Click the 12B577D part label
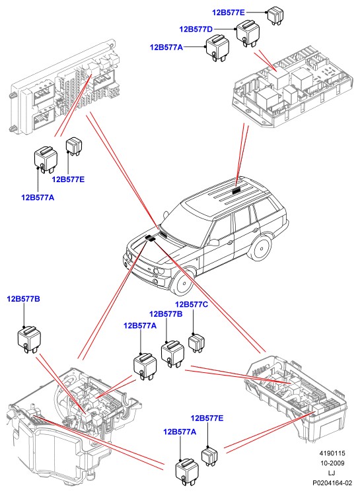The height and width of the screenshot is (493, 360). [196, 29]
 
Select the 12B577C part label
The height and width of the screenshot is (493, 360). [192, 304]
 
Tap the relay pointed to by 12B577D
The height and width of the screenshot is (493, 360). [248, 33]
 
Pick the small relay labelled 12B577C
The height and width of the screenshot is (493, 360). [196, 343]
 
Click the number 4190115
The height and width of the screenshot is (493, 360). [332, 453]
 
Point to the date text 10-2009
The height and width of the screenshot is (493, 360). [332, 463]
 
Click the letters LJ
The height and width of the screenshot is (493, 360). [332, 473]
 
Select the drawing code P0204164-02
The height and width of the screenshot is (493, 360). [332, 482]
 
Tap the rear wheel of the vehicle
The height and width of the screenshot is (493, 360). [260, 247]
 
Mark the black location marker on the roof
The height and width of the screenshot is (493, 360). [236, 189]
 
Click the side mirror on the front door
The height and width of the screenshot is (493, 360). [213, 242]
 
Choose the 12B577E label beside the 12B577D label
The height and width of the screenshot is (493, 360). [228, 13]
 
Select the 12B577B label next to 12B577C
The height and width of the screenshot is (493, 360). [166, 313]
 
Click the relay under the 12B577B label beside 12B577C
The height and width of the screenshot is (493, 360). [172, 353]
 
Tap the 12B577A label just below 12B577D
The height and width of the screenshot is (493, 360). [166, 47]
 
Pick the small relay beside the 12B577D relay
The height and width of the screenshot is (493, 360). [275, 16]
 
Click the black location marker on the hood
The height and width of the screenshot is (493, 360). [151, 238]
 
